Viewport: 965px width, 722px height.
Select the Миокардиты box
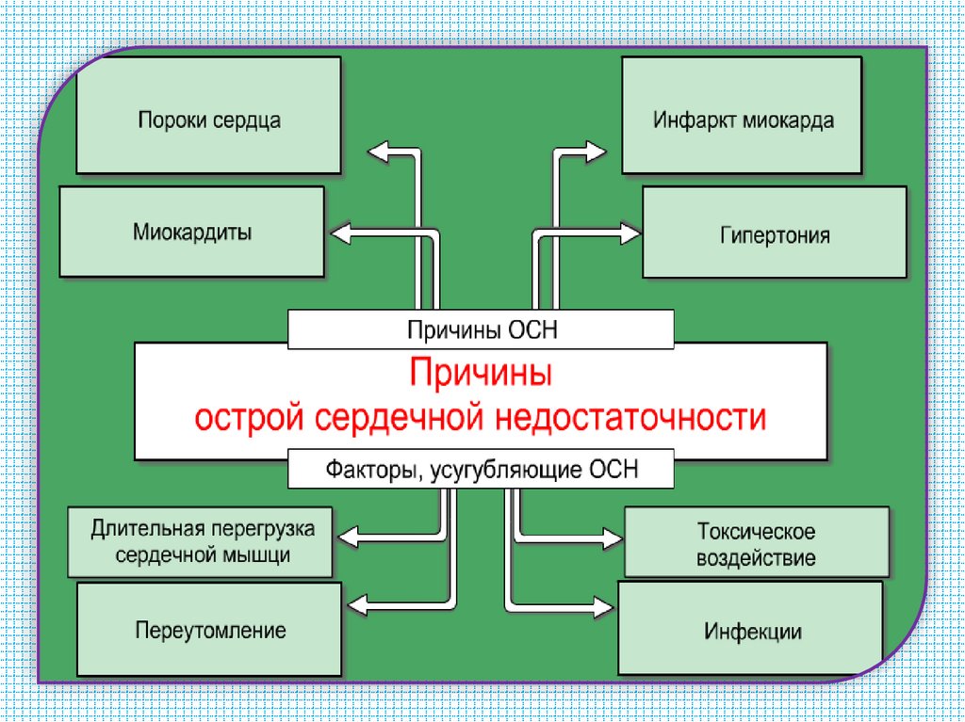point(191,232)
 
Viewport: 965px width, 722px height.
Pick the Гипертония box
point(774,233)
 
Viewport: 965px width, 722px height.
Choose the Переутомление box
point(209,629)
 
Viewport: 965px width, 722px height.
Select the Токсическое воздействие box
point(757,542)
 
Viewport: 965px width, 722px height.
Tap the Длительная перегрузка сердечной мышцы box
point(201,541)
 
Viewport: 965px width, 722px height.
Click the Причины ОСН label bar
point(481,329)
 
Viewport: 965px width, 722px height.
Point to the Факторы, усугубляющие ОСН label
point(481,469)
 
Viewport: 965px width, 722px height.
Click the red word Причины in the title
point(481,374)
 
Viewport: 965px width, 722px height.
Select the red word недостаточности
point(633,417)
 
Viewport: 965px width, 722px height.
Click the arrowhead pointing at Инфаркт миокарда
point(597,150)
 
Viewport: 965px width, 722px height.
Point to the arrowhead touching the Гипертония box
point(629,232)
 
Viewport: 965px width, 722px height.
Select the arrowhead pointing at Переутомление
point(359,603)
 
